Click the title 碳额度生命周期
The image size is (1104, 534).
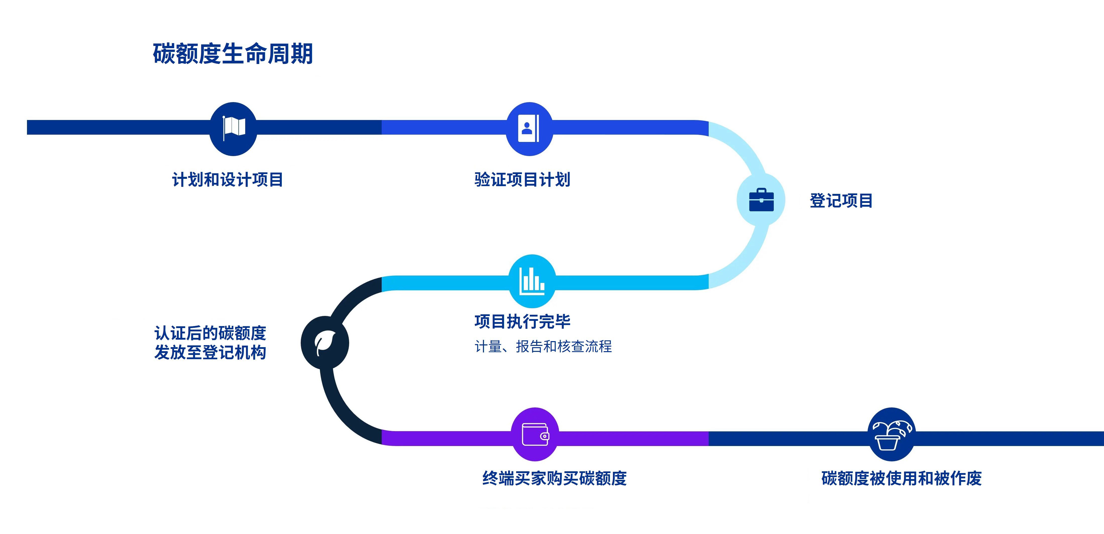click(x=233, y=54)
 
